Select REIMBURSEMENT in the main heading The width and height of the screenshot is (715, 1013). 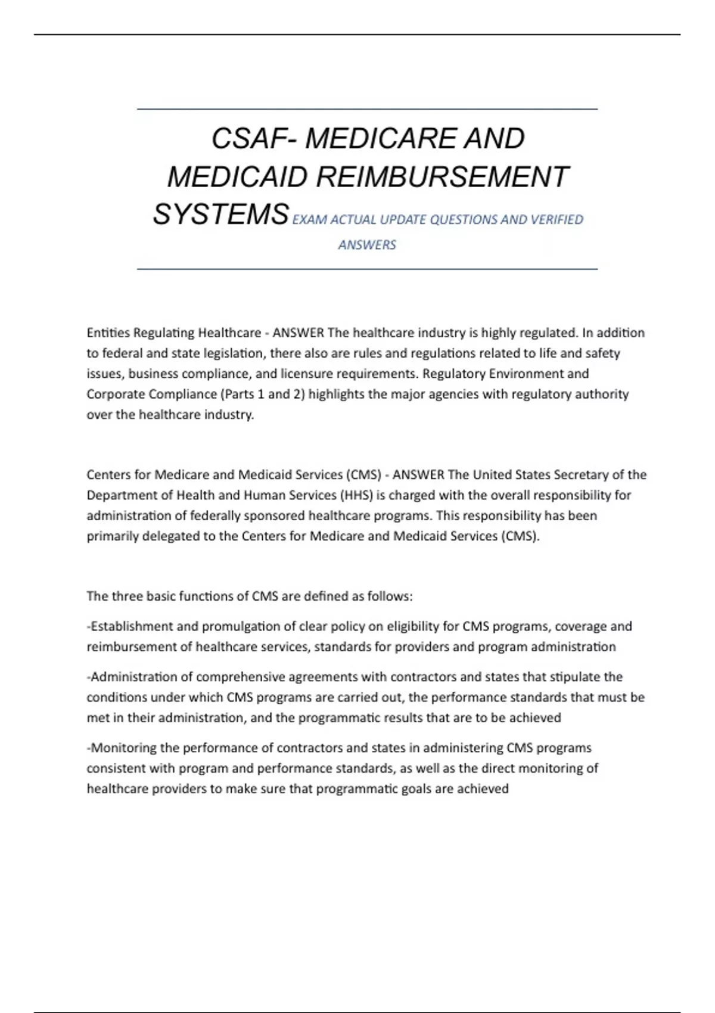[442, 177]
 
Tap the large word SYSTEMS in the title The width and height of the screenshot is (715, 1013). [221, 214]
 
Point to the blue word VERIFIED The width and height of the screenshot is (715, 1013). [557, 220]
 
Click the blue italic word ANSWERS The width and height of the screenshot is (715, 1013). [367, 245]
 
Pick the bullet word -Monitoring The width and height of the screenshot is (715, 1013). [122, 748]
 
